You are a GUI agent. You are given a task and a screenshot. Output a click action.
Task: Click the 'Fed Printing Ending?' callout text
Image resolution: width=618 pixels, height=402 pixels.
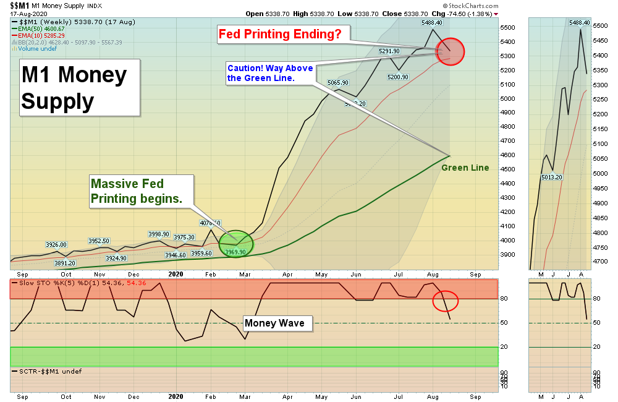(279, 34)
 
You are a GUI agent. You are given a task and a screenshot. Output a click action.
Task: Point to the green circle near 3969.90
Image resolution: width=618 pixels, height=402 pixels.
(236, 244)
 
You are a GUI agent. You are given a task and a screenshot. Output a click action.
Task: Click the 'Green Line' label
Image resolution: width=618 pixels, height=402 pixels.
(465, 168)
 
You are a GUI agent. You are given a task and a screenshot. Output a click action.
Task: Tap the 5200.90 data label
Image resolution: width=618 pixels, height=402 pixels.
(397, 77)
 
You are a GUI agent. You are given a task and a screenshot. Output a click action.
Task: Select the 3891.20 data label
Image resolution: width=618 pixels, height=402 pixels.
(65, 263)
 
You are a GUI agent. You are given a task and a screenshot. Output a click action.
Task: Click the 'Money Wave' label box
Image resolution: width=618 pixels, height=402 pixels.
(274, 323)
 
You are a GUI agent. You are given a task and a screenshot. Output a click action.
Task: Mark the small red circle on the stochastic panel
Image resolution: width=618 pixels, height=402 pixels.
(445, 301)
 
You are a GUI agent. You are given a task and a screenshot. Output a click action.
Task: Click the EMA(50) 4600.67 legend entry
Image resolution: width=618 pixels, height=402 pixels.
(43, 28)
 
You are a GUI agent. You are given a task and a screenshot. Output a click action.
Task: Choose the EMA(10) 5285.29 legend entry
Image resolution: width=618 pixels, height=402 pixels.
(43, 35)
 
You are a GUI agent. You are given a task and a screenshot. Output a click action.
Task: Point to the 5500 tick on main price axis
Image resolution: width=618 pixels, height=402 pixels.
(508, 28)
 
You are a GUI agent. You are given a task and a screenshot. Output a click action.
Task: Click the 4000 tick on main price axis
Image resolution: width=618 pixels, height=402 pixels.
(508, 241)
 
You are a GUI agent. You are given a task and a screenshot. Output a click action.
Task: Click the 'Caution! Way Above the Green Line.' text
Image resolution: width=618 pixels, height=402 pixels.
(270, 73)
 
